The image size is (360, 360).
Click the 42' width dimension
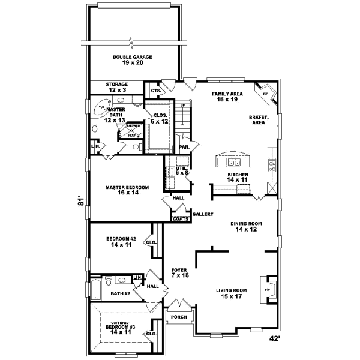point(275,339)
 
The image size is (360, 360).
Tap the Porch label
point(178,317)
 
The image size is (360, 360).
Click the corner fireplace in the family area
point(266,93)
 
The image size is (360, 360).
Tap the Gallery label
point(202,214)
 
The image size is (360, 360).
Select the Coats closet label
point(181,219)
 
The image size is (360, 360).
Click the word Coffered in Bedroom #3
point(121,322)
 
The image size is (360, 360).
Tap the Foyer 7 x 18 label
point(180,273)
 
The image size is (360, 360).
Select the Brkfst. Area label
point(259,119)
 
